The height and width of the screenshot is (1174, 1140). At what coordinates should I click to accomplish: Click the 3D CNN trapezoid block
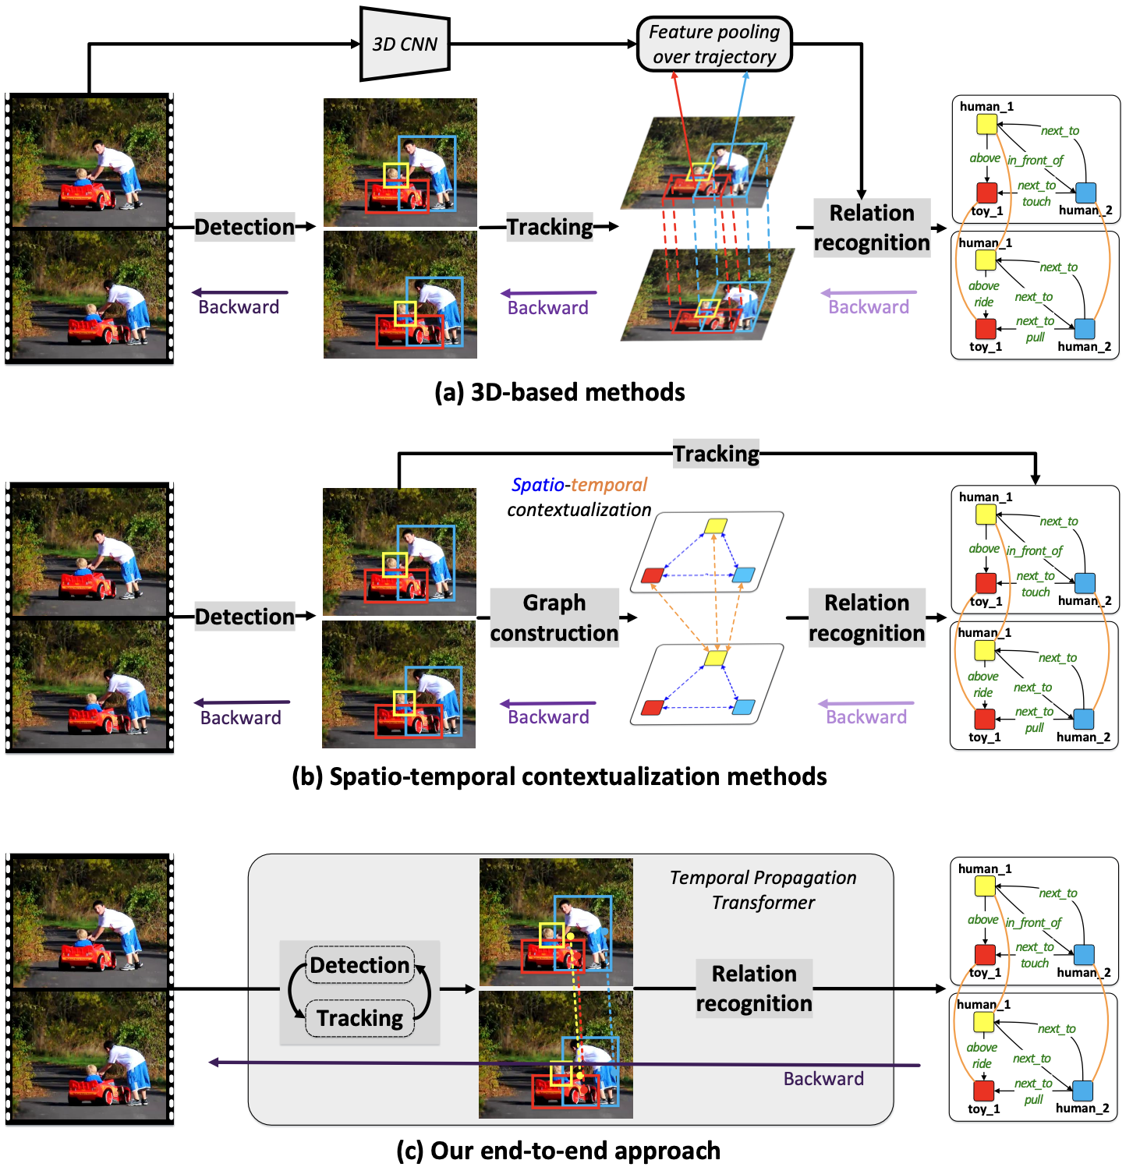[405, 44]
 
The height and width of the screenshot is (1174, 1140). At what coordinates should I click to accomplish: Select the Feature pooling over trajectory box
[714, 44]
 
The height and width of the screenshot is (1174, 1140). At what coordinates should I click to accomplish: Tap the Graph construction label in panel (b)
[554, 617]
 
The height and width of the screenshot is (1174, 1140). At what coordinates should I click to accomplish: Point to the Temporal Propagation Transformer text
[763, 889]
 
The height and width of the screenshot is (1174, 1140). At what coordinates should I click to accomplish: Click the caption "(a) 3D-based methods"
[560, 392]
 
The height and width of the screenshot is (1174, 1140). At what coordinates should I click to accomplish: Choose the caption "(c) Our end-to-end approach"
[558, 1151]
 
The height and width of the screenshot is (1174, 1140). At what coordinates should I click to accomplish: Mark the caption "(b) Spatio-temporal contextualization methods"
[559, 776]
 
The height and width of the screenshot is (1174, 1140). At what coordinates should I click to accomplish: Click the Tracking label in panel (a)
[550, 227]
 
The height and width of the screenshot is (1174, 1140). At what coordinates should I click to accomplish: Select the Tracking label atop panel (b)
[716, 454]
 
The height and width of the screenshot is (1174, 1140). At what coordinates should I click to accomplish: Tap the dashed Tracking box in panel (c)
[359, 1018]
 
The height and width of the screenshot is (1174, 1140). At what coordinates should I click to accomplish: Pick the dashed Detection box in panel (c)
[359, 965]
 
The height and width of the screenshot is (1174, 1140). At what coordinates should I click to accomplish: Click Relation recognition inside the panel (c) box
[754, 988]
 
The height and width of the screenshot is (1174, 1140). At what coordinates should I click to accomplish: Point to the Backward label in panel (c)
[823, 1079]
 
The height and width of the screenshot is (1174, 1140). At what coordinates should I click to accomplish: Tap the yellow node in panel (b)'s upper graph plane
[716, 526]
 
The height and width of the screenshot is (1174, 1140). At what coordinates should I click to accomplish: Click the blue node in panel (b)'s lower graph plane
[744, 707]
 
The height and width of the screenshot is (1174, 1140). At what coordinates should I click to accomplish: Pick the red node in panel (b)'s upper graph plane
[652, 575]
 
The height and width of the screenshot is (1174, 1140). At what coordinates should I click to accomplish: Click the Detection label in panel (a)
[244, 227]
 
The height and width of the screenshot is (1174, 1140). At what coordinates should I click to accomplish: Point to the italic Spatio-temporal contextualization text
[579, 497]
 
